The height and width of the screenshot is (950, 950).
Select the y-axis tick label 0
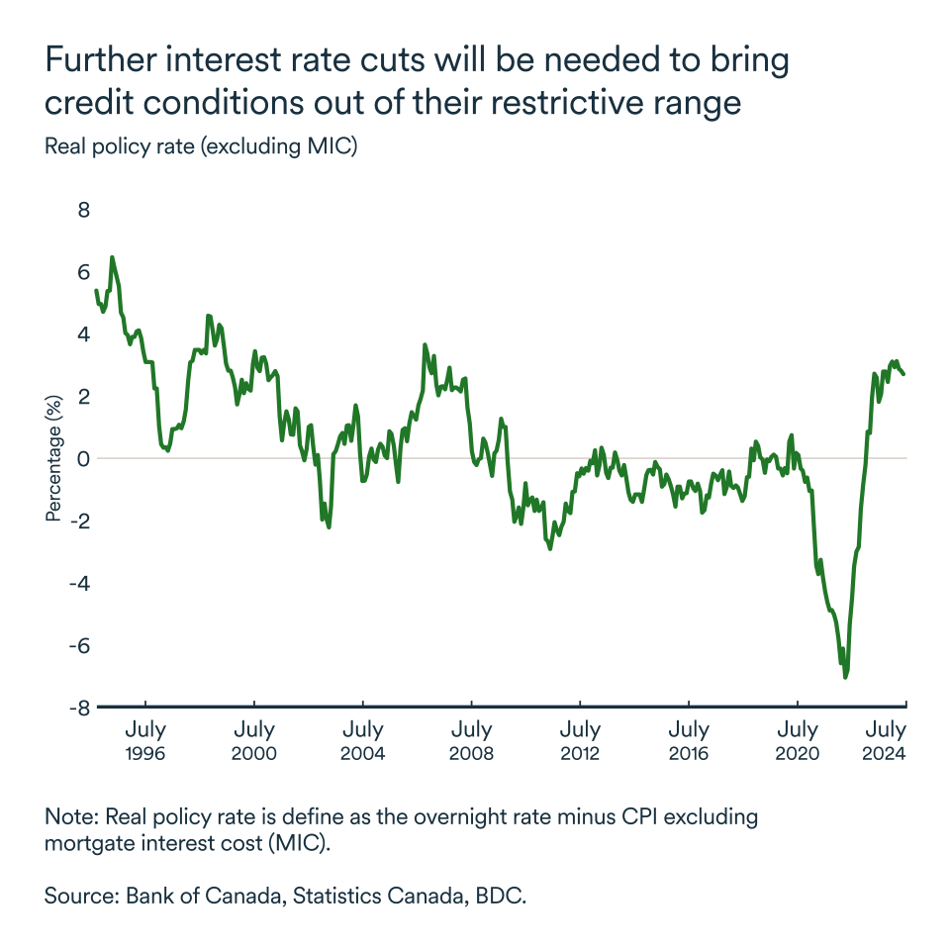tap(83, 458)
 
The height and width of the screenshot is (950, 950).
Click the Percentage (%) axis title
tap(53, 458)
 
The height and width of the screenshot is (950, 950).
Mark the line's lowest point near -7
tap(845, 677)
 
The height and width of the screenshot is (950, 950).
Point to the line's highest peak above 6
tap(112, 257)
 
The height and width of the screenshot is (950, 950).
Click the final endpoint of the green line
tap(903, 373)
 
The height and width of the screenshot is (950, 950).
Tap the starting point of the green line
tap(96, 290)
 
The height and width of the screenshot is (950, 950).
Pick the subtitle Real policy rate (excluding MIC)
tap(201, 147)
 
